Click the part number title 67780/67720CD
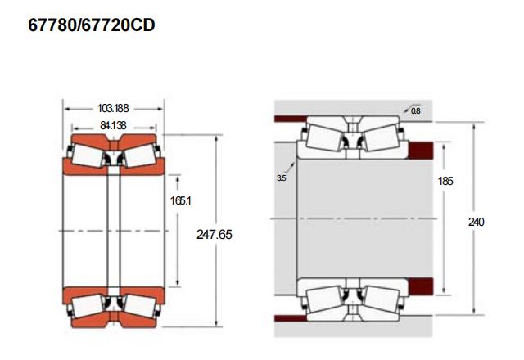click(92, 25)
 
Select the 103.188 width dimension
click(113, 108)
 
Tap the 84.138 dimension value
click(113, 125)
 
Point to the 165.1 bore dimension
click(180, 200)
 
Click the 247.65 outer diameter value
click(215, 235)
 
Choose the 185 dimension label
click(445, 181)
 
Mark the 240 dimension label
click(477, 222)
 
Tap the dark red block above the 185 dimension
click(421, 151)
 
